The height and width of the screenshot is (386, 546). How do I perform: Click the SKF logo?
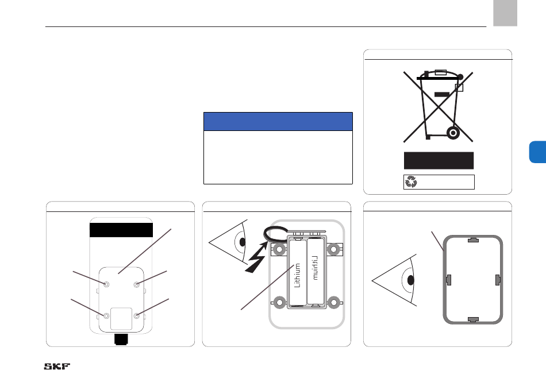click(57, 366)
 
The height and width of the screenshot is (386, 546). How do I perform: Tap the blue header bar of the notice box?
click(278, 121)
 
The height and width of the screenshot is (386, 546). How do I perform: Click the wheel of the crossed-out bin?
click(453, 133)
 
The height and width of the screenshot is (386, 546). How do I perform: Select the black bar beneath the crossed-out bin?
click(439, 160)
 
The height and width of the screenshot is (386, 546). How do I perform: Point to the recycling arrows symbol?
click(412, 182)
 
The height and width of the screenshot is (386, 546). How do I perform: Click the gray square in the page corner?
click(505, 13)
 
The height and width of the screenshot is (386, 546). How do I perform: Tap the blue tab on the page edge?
click(537, 152)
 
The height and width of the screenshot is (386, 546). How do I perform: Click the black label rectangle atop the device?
click(121, 230)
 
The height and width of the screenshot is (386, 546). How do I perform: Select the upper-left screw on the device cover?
click(106, 284)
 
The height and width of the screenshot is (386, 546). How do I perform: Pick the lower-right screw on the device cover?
click(137, 316)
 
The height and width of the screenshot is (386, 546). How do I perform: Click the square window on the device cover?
click(121, 318)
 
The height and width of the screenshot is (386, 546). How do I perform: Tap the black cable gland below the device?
click(121, 339)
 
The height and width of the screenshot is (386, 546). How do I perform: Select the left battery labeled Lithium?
click(298, 272)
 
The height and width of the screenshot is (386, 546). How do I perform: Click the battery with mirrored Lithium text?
click(316, 272)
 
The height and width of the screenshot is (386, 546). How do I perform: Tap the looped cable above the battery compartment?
click(275, 234)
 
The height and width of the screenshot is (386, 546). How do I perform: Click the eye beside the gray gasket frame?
click(394, 280)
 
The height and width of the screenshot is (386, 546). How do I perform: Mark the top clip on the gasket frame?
click(473, 240)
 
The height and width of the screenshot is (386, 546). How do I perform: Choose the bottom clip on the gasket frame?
click(473, 319)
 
